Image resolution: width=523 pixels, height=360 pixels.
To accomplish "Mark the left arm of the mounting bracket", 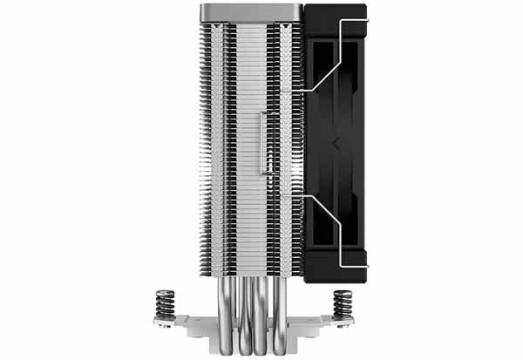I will click(174, 325).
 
